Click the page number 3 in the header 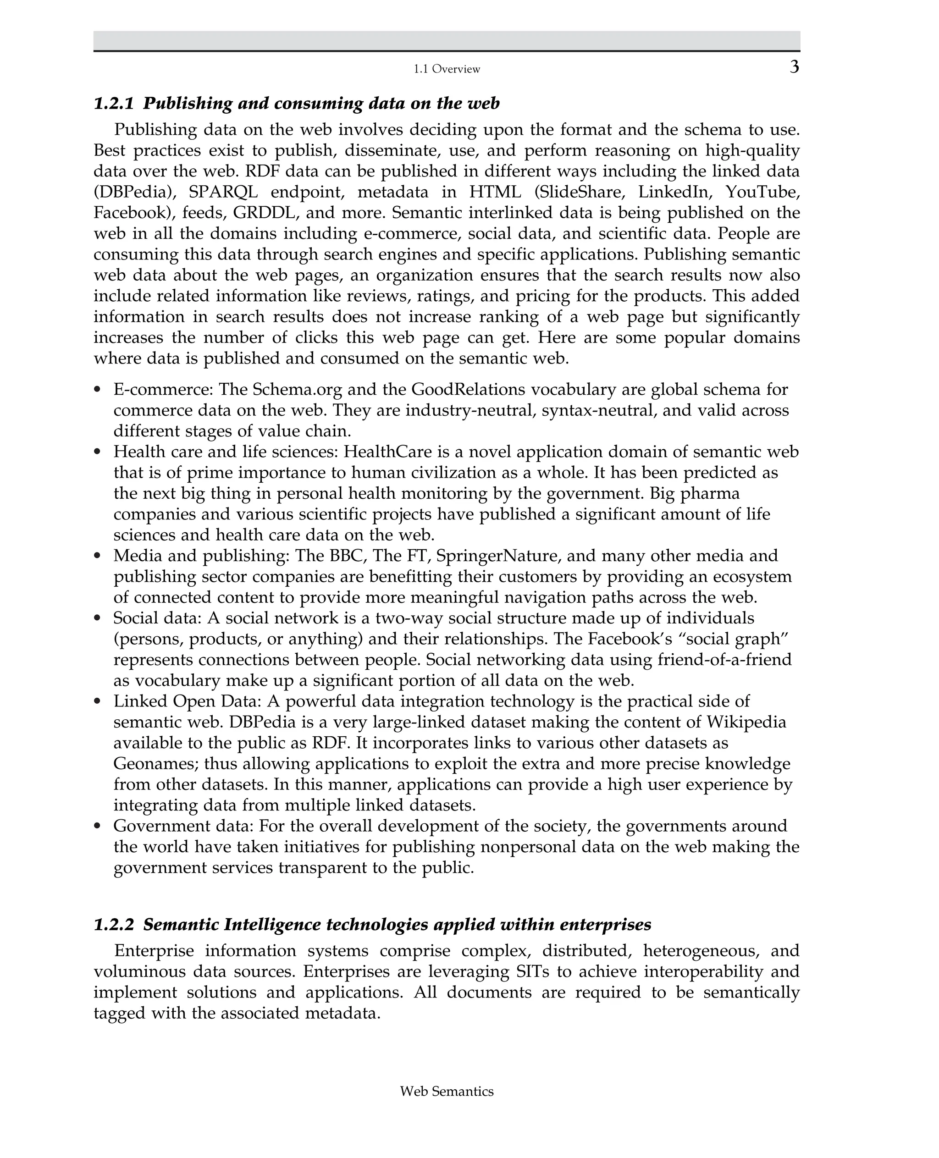794,67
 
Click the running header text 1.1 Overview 447,69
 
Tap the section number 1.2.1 114,103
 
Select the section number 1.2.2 114,924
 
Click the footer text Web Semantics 447,1092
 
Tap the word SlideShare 580,192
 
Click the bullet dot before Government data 97,826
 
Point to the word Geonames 150,764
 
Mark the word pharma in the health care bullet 713,493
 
